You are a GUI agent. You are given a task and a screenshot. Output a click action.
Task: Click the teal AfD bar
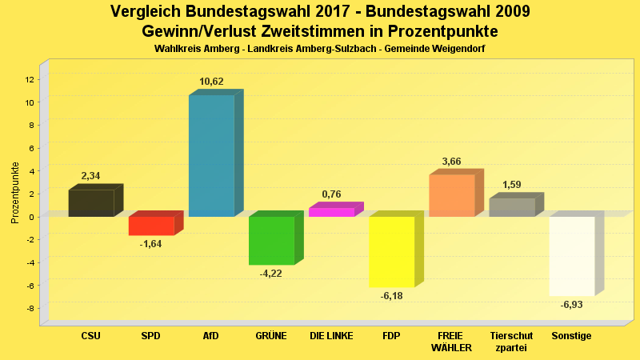(x=211, y=156)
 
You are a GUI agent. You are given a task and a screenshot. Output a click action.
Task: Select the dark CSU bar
(x=91, y=203)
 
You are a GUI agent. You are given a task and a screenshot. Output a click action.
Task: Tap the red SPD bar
(x=151, y=226)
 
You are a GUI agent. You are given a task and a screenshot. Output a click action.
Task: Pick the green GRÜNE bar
(x=271, y=240)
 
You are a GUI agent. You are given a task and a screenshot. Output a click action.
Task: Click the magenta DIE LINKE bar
(x=331, y=212)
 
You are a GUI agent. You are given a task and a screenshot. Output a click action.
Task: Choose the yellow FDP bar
(x=391, y=251)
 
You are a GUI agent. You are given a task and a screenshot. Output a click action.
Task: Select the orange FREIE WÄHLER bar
(x=452, y=196)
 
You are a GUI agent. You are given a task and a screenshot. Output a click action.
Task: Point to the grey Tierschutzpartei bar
(x=512, y=207)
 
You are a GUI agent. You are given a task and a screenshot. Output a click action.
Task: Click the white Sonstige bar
(x=572, y=256)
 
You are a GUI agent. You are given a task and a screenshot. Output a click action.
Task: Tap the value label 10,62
(x=211, y=82)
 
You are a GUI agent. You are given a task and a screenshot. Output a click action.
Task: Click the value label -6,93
(x=571, y=305)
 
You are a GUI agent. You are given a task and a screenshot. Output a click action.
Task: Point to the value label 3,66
(x=452, y=162)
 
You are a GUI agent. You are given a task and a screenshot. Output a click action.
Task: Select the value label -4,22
(x=270, y=274)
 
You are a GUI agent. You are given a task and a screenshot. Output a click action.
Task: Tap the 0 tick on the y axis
(x=31, y=217)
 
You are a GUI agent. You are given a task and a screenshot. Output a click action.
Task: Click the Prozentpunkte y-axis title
(x=15, y=192)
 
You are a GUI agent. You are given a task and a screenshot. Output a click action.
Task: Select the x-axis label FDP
(x=391, y=336)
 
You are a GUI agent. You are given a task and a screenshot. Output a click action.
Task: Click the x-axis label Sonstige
(x=571, y=336)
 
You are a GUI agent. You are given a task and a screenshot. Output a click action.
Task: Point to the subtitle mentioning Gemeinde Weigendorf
(x=319, y=49)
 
